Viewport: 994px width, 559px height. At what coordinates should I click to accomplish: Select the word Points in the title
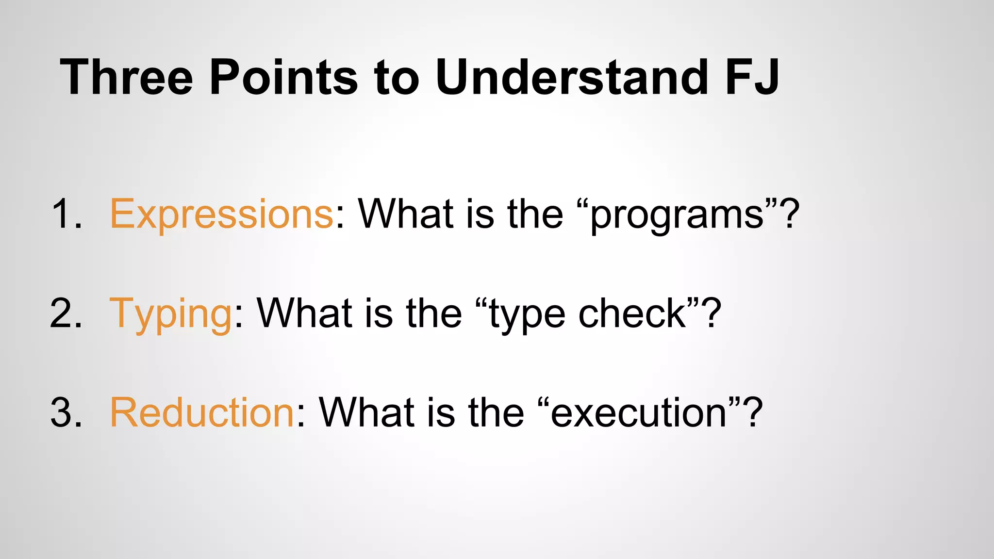pos(283,78)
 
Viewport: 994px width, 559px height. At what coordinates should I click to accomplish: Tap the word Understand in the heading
pos(572,78)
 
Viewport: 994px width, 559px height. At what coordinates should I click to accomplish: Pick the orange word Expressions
pos(221,214)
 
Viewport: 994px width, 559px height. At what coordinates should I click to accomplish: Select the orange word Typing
pos(171,314)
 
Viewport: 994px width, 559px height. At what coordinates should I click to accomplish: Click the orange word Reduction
pos(202,413)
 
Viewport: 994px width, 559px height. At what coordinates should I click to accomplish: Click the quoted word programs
pos(677,215)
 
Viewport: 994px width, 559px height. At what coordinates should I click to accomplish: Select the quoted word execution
pos(639,413)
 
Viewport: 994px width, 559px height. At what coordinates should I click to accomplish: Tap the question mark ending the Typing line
pos(712,314)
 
